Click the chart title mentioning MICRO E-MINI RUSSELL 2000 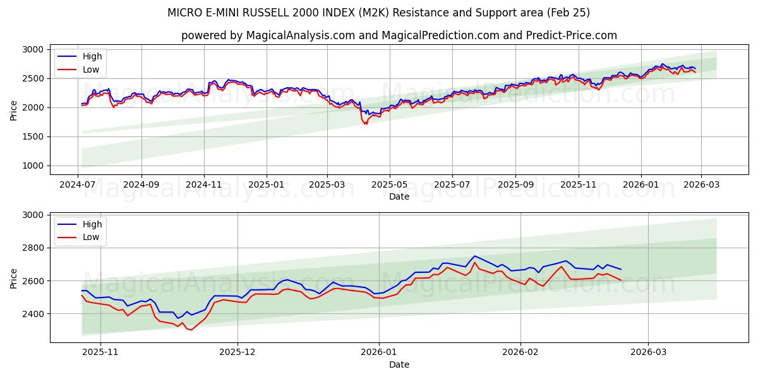(378, 13)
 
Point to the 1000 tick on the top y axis (33, 165)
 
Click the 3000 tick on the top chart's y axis (33, 49)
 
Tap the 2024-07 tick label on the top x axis (78, 184)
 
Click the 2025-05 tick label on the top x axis (389, 184)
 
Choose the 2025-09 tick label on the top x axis (515, 184)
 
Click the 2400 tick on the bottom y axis (33, 313)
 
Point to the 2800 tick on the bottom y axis (33, 248)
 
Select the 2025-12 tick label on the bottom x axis (238, 352)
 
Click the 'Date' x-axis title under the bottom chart (399, 364)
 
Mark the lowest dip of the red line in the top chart (366, 124)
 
